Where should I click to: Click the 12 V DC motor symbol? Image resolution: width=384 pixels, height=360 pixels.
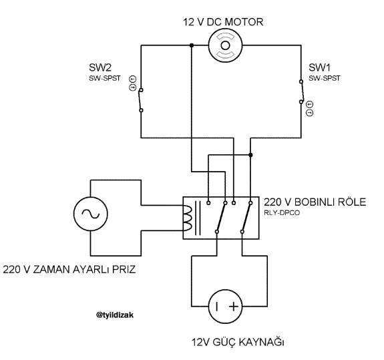pyautogui.click(x=225, y=45)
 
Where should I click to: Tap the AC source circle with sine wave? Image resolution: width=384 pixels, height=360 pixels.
pyautogui.click(x=90, y=214)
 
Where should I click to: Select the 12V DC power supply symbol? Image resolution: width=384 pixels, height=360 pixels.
pyautogui.click(x=225, y=306)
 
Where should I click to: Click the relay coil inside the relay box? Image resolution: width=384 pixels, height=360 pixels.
pyautogui.click(x=188, y=218)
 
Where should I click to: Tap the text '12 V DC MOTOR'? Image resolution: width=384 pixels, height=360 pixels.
pyautogui.click(x=223, y=22)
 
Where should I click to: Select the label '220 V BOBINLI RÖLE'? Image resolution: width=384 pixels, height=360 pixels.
pyautogui.click(x=315, y=202)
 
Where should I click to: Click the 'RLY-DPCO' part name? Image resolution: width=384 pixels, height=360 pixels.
pyautogui.click(x=282, y=213)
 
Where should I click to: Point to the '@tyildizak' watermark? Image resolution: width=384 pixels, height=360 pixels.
pyautogui.click(x=115, y=315)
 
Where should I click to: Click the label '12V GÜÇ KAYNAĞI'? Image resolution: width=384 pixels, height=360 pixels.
pyautogui.click(x=238, y=342)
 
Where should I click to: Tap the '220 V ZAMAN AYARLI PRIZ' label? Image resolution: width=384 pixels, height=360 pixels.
pyautogui.click(x=69, y=269)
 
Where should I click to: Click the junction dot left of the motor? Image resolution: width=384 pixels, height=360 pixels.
pyautogui.click(x=192, y=45)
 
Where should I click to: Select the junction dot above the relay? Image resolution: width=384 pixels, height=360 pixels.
pyautogui.click(x=250, y=155)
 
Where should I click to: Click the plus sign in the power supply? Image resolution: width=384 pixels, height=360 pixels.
pyautogui.click(x=234, y=307)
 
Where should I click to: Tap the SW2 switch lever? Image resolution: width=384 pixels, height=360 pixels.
pyautogui.click(x=140, y=100)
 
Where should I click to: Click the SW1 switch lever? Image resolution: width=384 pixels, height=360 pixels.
pyautogui.click(x=303, y=92)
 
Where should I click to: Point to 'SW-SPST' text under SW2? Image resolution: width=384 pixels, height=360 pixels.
pyautogui.click(x=105, y=78)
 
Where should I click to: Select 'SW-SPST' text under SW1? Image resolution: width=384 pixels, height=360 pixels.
pyautogui.click(x=325, y=78)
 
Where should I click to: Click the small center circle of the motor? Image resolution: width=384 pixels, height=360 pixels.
pyautogui.click(x=225, y=45)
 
